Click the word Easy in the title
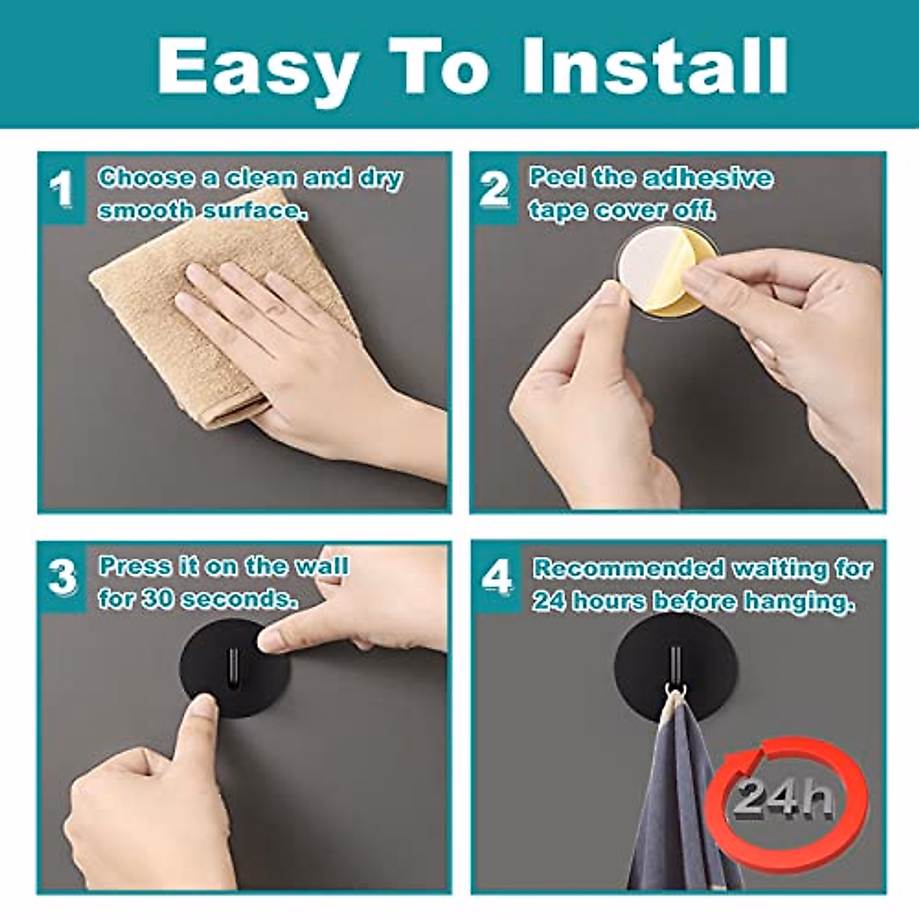click(x=257, y=67)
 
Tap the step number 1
click(x=61, y=188)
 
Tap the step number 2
click(x=494, y=188)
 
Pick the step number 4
click(x=495, y=579)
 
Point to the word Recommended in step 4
click(x=628, y=569)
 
